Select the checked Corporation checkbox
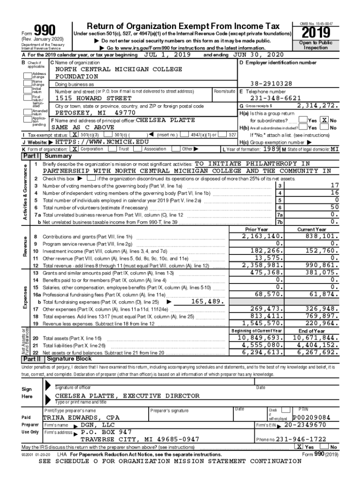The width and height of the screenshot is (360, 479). pyautogui.click(x=74, y=149)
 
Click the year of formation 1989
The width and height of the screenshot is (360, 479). pyautogui.click(x=271, y=149)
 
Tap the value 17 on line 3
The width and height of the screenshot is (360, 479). pyautogui.click(x=334, y=186)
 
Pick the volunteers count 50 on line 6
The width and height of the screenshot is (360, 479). pyautogui.click(x=334, y=207)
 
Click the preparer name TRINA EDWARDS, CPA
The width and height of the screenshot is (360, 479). pyautogui.click(x=81, y=417)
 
